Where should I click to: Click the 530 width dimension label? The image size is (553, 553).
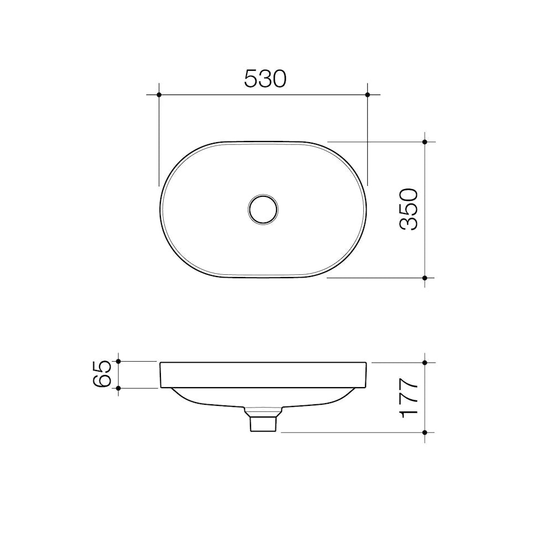point(265,79)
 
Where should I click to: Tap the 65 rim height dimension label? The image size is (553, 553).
point(104,374)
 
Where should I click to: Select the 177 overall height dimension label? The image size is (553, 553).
point(409,398)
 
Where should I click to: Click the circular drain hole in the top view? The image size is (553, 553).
point(263,209)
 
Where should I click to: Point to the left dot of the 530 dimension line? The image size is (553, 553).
point(159,95)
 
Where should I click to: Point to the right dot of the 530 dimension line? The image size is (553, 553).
point(368,95)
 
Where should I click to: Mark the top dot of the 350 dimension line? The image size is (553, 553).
point(425,142)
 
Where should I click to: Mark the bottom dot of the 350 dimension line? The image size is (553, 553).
point(425,278)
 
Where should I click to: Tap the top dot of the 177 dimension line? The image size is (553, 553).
point(425,363)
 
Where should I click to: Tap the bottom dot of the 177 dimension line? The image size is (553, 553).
point(425,432)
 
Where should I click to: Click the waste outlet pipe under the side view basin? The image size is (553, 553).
point(263,422)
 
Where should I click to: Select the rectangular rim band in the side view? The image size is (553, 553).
point(263,375)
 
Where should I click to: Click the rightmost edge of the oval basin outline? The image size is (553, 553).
point(366,209)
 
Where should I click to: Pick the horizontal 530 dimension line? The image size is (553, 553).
point(221,95)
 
